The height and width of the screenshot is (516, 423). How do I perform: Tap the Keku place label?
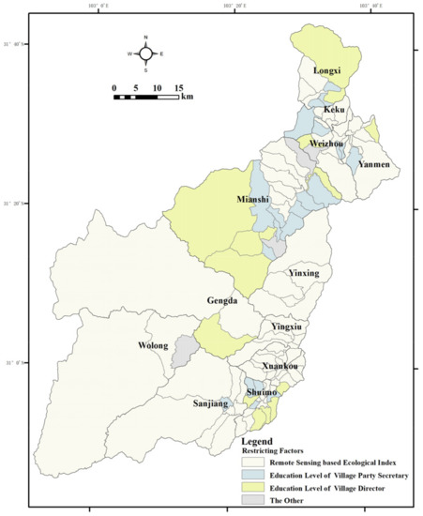pyautogui.click(x=335, y=110)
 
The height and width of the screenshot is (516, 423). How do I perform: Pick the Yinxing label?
pyautogui.click(x=304, y=273)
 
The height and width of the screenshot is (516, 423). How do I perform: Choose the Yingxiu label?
pyautogui.click(x=286, y=326)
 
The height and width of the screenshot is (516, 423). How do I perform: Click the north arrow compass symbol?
pyautogui.click(x=145, y=53)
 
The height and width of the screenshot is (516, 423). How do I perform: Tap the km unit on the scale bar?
pyautogui.click(x=188, y=97)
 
